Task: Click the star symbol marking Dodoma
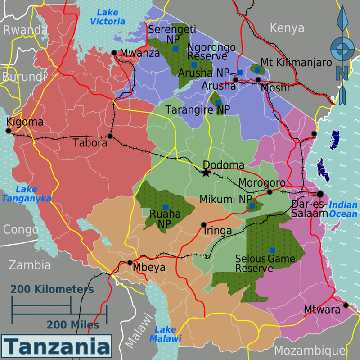click(x=206, y=173)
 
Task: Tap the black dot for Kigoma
click(x=8, y=131)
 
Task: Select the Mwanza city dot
click(x=114, y=53)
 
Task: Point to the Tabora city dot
click(x=110, y=136)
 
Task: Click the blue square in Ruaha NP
click(x=166, y=207)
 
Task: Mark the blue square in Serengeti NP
click(x=175, y=48)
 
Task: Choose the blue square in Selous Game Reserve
click(x=272, y=250)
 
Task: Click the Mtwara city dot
click(x=346, y=305)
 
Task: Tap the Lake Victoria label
click(x=108, y=17)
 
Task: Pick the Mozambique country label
click(x=310, y=351)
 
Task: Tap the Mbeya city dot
click(x=130, y=262)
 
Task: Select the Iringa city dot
click(x=204, y=224)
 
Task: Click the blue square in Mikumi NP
click(x=252, y=206)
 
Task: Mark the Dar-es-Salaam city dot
click(x=320, y=194)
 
